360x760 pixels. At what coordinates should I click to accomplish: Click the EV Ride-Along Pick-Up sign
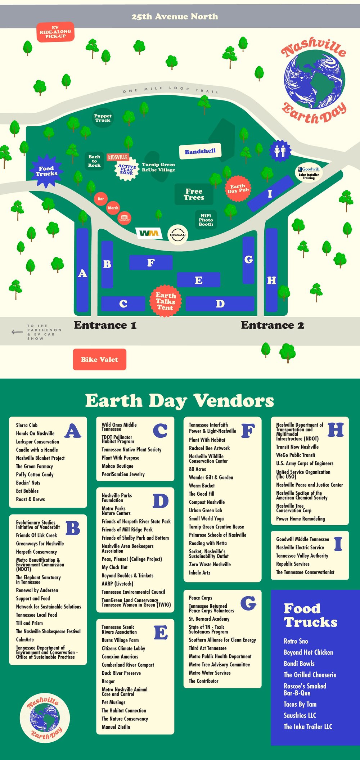(55, 32)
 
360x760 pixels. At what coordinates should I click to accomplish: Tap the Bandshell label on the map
(200, 152)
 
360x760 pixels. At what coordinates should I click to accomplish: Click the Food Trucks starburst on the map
(46, 171)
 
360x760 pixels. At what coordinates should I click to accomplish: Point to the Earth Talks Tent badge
(165, 301)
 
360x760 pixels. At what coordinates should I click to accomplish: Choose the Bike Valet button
(99, 359)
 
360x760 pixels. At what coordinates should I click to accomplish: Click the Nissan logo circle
(178, 235)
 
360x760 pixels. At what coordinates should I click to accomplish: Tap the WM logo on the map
(149, 233)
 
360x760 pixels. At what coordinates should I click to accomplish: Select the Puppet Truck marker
(103, 118)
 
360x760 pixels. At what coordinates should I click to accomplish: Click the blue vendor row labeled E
(198, 280)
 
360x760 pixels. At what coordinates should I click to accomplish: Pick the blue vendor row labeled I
(270, 193)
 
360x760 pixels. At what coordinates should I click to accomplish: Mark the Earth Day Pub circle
(238, 188)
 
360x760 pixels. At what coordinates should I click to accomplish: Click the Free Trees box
(194, 194)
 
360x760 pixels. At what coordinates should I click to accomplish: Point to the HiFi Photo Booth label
(206, 220)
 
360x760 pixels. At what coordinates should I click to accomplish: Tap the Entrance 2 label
(272, 325)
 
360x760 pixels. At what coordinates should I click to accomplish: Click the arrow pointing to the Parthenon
(17, 332)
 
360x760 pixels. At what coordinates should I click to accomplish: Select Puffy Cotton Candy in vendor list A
(35, 475)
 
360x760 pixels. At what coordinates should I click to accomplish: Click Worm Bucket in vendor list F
(202, 486)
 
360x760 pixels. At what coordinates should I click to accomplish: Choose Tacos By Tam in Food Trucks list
(300, 705)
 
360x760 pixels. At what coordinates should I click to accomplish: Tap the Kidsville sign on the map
(118, 157)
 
